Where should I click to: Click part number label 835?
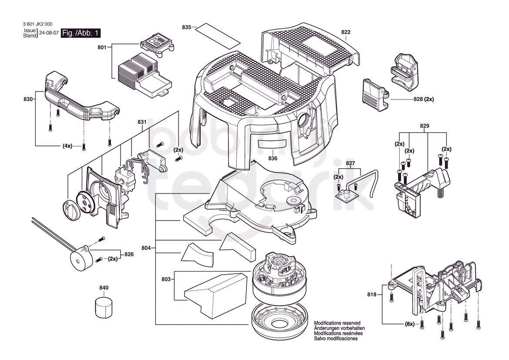pyautogui.click(x=187, y=27)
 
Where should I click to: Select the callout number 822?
pyautogui.click(x=346, y=32)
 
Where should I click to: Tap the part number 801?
pyautogui.click(x=102, y=48)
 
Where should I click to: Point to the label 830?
pyautogui.click(x=28, y=99)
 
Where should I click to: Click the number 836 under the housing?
pyautogui.click(x=273, y=158)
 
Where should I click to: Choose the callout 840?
pyautogui.click(x=104, y=288)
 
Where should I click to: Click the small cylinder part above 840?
pyautogui.click(x=104, y=306)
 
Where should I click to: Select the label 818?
pyautogui.click(x=372, y=294)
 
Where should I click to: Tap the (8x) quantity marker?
pyautogui.click(x=409, y=324)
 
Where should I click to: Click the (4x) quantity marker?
pyautogui.click(x=67, y=146)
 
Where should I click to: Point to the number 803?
pyautogui.click(x=166, y=279)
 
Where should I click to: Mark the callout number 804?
pyautogui.click(x=146, y=248)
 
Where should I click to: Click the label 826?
pyautogui.click(x=129, y=254)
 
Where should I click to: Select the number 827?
pyautogui.click(x=350, y=163)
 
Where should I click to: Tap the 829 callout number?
pyautogui.click(x=424, y=126)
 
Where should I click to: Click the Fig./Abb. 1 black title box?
pyautogui.click(x=81, y=33)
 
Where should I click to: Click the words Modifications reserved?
pyautogui.click(x=337, y=323)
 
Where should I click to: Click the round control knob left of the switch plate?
pyautogui.click(x=70, y=210)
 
